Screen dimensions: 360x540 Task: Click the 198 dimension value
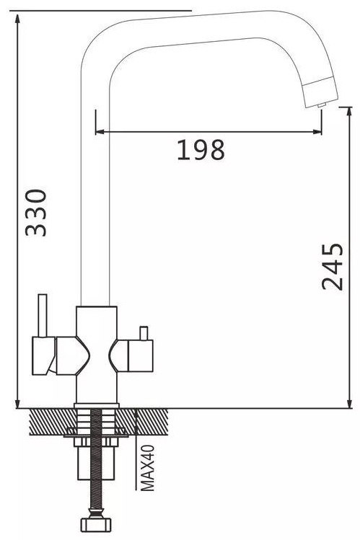coord(201,150)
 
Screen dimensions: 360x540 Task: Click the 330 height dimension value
coord(36,213)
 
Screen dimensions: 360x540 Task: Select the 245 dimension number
coord(333,267)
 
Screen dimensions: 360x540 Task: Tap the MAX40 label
coord(147,467)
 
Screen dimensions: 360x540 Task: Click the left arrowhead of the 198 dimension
coord(100,131)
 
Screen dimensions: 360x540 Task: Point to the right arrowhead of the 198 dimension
coord(317,131)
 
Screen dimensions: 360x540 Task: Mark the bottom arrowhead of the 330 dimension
coord(17,404)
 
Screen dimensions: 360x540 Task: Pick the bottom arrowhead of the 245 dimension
coord(350,404)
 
